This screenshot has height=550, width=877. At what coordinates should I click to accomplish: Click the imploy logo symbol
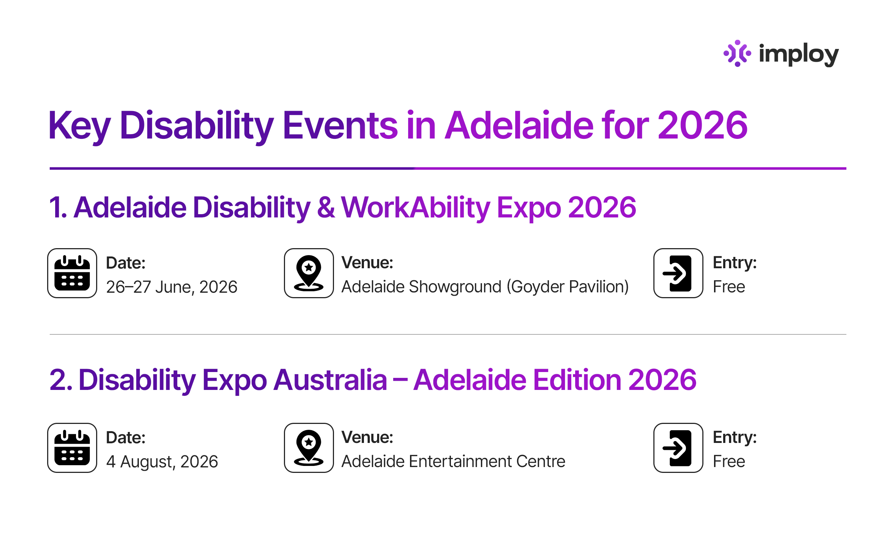click(x=737, y=53)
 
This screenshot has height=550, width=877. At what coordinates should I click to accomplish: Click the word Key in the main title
click(x=79, y=126)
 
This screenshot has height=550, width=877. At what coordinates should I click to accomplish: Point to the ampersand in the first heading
click(x=326, y=208)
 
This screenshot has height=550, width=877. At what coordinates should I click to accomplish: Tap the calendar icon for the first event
click(x=72, y=273)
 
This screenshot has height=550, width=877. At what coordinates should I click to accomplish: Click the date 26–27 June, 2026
click(x=171, y=287)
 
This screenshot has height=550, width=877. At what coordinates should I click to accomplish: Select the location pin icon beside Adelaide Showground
click(x=309, y=273)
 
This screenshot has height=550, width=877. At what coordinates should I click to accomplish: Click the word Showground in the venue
click(x=455, y=287)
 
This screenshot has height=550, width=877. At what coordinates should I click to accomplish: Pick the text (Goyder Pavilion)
click(x=567, y=287)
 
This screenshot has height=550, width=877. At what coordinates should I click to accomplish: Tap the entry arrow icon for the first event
click(x=678, y=273)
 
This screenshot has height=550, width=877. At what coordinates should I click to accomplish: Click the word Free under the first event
click(x=729, y=287)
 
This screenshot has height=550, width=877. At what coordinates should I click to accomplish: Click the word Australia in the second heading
click(x=330, y=380)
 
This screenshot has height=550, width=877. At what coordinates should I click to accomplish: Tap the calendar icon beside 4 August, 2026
click(x=72, y=448)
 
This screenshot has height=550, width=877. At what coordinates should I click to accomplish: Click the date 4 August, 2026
click(x=162, y=462)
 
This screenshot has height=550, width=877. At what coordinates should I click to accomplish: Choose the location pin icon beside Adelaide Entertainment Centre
click(x=309, y=448)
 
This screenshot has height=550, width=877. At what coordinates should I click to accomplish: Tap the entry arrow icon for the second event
click(x=678, y=448)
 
